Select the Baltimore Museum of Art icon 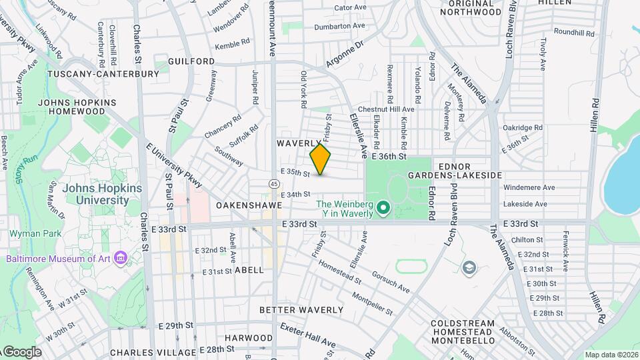click(x=120, y=257)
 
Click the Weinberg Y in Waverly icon click(x=383, y=209)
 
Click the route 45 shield click(x=274, y=183)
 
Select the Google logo click(x=21, y=351)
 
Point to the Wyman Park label click(x=35, y=233)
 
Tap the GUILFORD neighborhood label click(x=191, y=61)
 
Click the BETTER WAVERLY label click(x=301, y=310)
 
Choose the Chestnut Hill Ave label click(x=386, y=109)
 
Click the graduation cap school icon click(x=469, y=268)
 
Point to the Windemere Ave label click(x=529, y=187)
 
